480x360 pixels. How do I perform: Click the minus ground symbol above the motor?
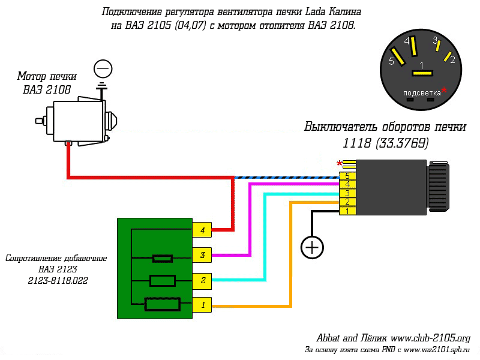(103, 69)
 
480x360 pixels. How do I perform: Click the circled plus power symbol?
(312, 247)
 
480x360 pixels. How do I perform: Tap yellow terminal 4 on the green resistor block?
(202, 230)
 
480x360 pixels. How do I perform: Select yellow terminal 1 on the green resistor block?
(202, 305)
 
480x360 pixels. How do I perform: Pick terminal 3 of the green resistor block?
(202, 255)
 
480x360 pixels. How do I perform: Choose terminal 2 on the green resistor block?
(202, 281)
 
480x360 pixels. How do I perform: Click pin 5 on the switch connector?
(347, 176)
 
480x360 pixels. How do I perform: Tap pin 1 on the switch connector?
(347, 211)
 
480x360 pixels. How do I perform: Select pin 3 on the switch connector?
(347, 193)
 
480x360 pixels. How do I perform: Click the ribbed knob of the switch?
(438, 187)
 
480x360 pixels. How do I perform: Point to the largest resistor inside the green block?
(162, 304)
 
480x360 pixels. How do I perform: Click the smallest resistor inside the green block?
(163, 259)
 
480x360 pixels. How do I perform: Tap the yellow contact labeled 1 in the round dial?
(422, 73)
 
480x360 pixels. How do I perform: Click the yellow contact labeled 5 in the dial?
(397, 56)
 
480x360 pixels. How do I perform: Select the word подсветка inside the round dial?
(422, 93)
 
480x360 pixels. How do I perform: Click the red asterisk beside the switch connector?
(339, 163)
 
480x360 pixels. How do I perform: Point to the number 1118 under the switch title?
(356, 143)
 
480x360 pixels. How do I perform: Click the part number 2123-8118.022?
(58, 280)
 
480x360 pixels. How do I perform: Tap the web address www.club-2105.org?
(430, 338)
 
